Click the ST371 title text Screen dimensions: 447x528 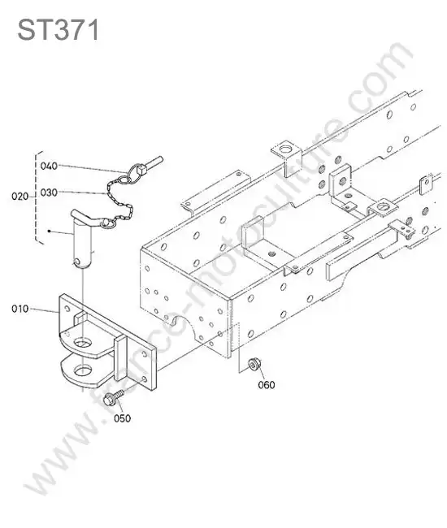[x=59, y=29]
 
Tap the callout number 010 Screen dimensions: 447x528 [x=20, y=309]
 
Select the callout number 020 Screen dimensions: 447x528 [x=20, y=196]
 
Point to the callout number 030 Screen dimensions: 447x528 [x=49, y=193]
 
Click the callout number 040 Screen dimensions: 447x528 [x=49, y=166]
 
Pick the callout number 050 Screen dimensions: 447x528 [x=122, y=418]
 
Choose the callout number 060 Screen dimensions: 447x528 [x=267, y=384]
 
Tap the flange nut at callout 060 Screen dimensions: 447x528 [x=254, y=365]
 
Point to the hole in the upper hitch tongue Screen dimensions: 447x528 [x=83, y=343]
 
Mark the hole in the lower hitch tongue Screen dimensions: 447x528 [x=83, y=371]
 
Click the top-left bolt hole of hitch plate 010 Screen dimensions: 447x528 [x=67, y=308]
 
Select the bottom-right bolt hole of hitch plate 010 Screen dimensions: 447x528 [x=145, y=379]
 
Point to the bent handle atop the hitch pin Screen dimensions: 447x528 [x=87, y=218]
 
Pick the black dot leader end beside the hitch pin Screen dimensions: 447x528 [x=50, y=231]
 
